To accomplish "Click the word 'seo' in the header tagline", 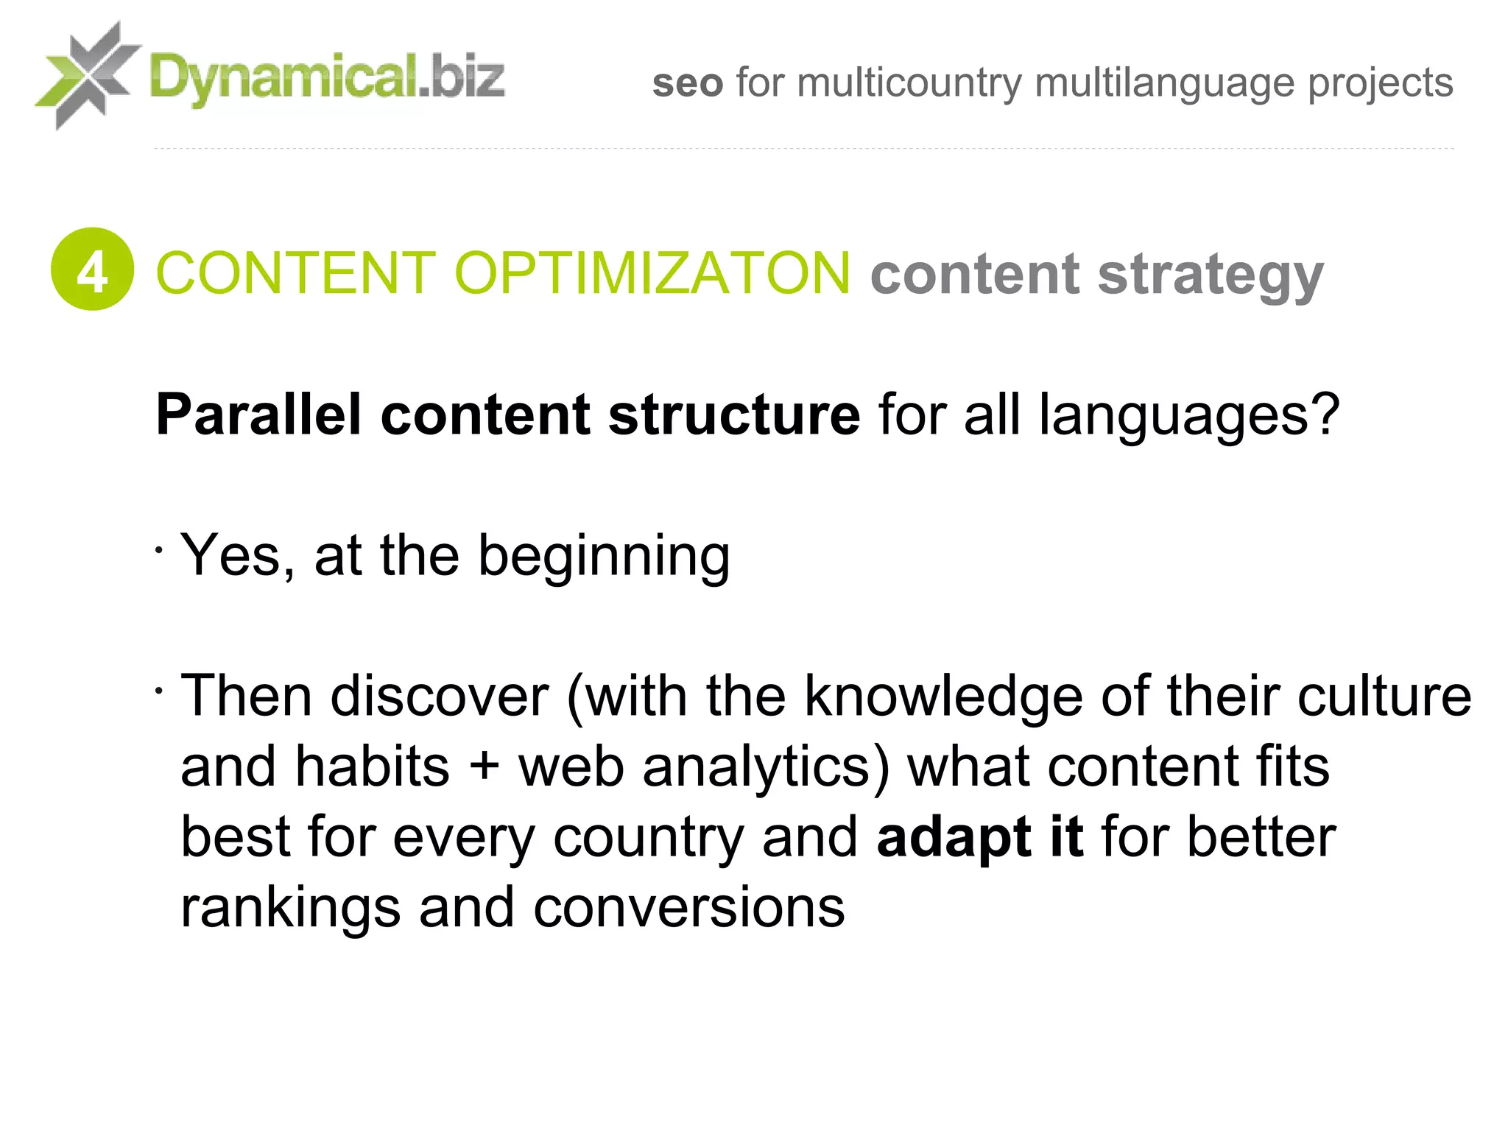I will click(x=688, y=82).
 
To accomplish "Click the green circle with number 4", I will click(x=92, y=269).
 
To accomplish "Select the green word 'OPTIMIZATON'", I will click(x=652, y=273).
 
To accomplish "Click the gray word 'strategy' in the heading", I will click(x=1211, y=276).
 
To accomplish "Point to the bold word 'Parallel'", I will click(x=258, y=415).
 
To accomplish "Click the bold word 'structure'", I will click(x=734, y=415).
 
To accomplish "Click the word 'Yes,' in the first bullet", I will click(x=238, y=555).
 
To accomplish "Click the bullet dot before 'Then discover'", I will click(x=158, y=691).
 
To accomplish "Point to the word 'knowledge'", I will click(x=943, y=697).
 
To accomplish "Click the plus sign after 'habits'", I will click(x=484, y=767).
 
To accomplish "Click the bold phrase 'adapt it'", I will click(x=980, y=838).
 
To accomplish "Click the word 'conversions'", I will click(x=688, y=907).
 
